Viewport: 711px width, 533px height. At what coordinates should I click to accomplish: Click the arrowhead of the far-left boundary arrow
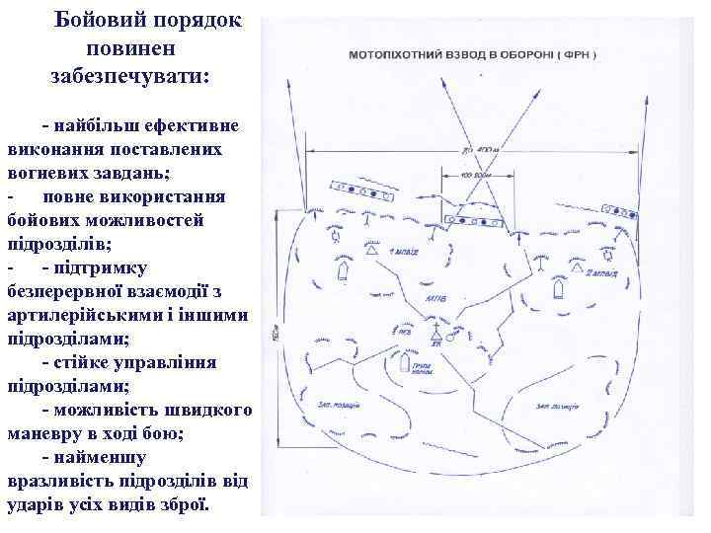coord(285,84)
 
